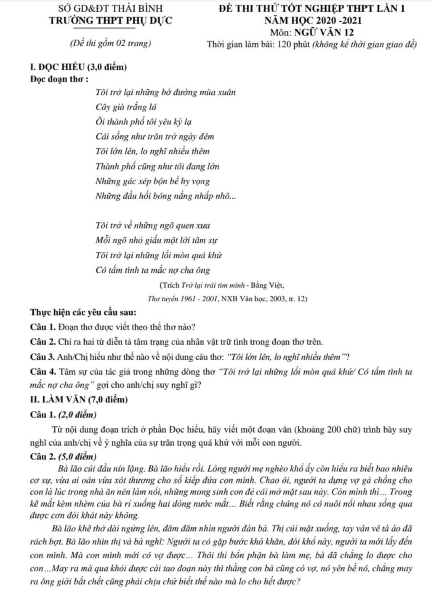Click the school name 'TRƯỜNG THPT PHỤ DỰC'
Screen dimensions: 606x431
pos(110,20)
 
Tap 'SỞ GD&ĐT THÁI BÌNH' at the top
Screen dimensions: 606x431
pos(110,8)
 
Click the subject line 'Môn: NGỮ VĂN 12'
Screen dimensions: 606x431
pos(312,32)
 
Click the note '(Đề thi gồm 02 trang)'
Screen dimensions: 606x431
pos(111,43)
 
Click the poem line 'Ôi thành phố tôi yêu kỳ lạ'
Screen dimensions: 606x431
pos(144,122)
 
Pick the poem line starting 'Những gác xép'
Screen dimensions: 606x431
pos(152,181)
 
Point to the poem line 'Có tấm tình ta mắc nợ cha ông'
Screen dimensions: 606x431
pos(153,270)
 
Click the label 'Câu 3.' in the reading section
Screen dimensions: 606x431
pos(43,357)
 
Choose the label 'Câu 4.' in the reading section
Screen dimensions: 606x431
pos(43,372)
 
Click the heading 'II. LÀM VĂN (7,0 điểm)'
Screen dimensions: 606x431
pos(79,399)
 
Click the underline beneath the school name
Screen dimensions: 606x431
pos(105,28)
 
